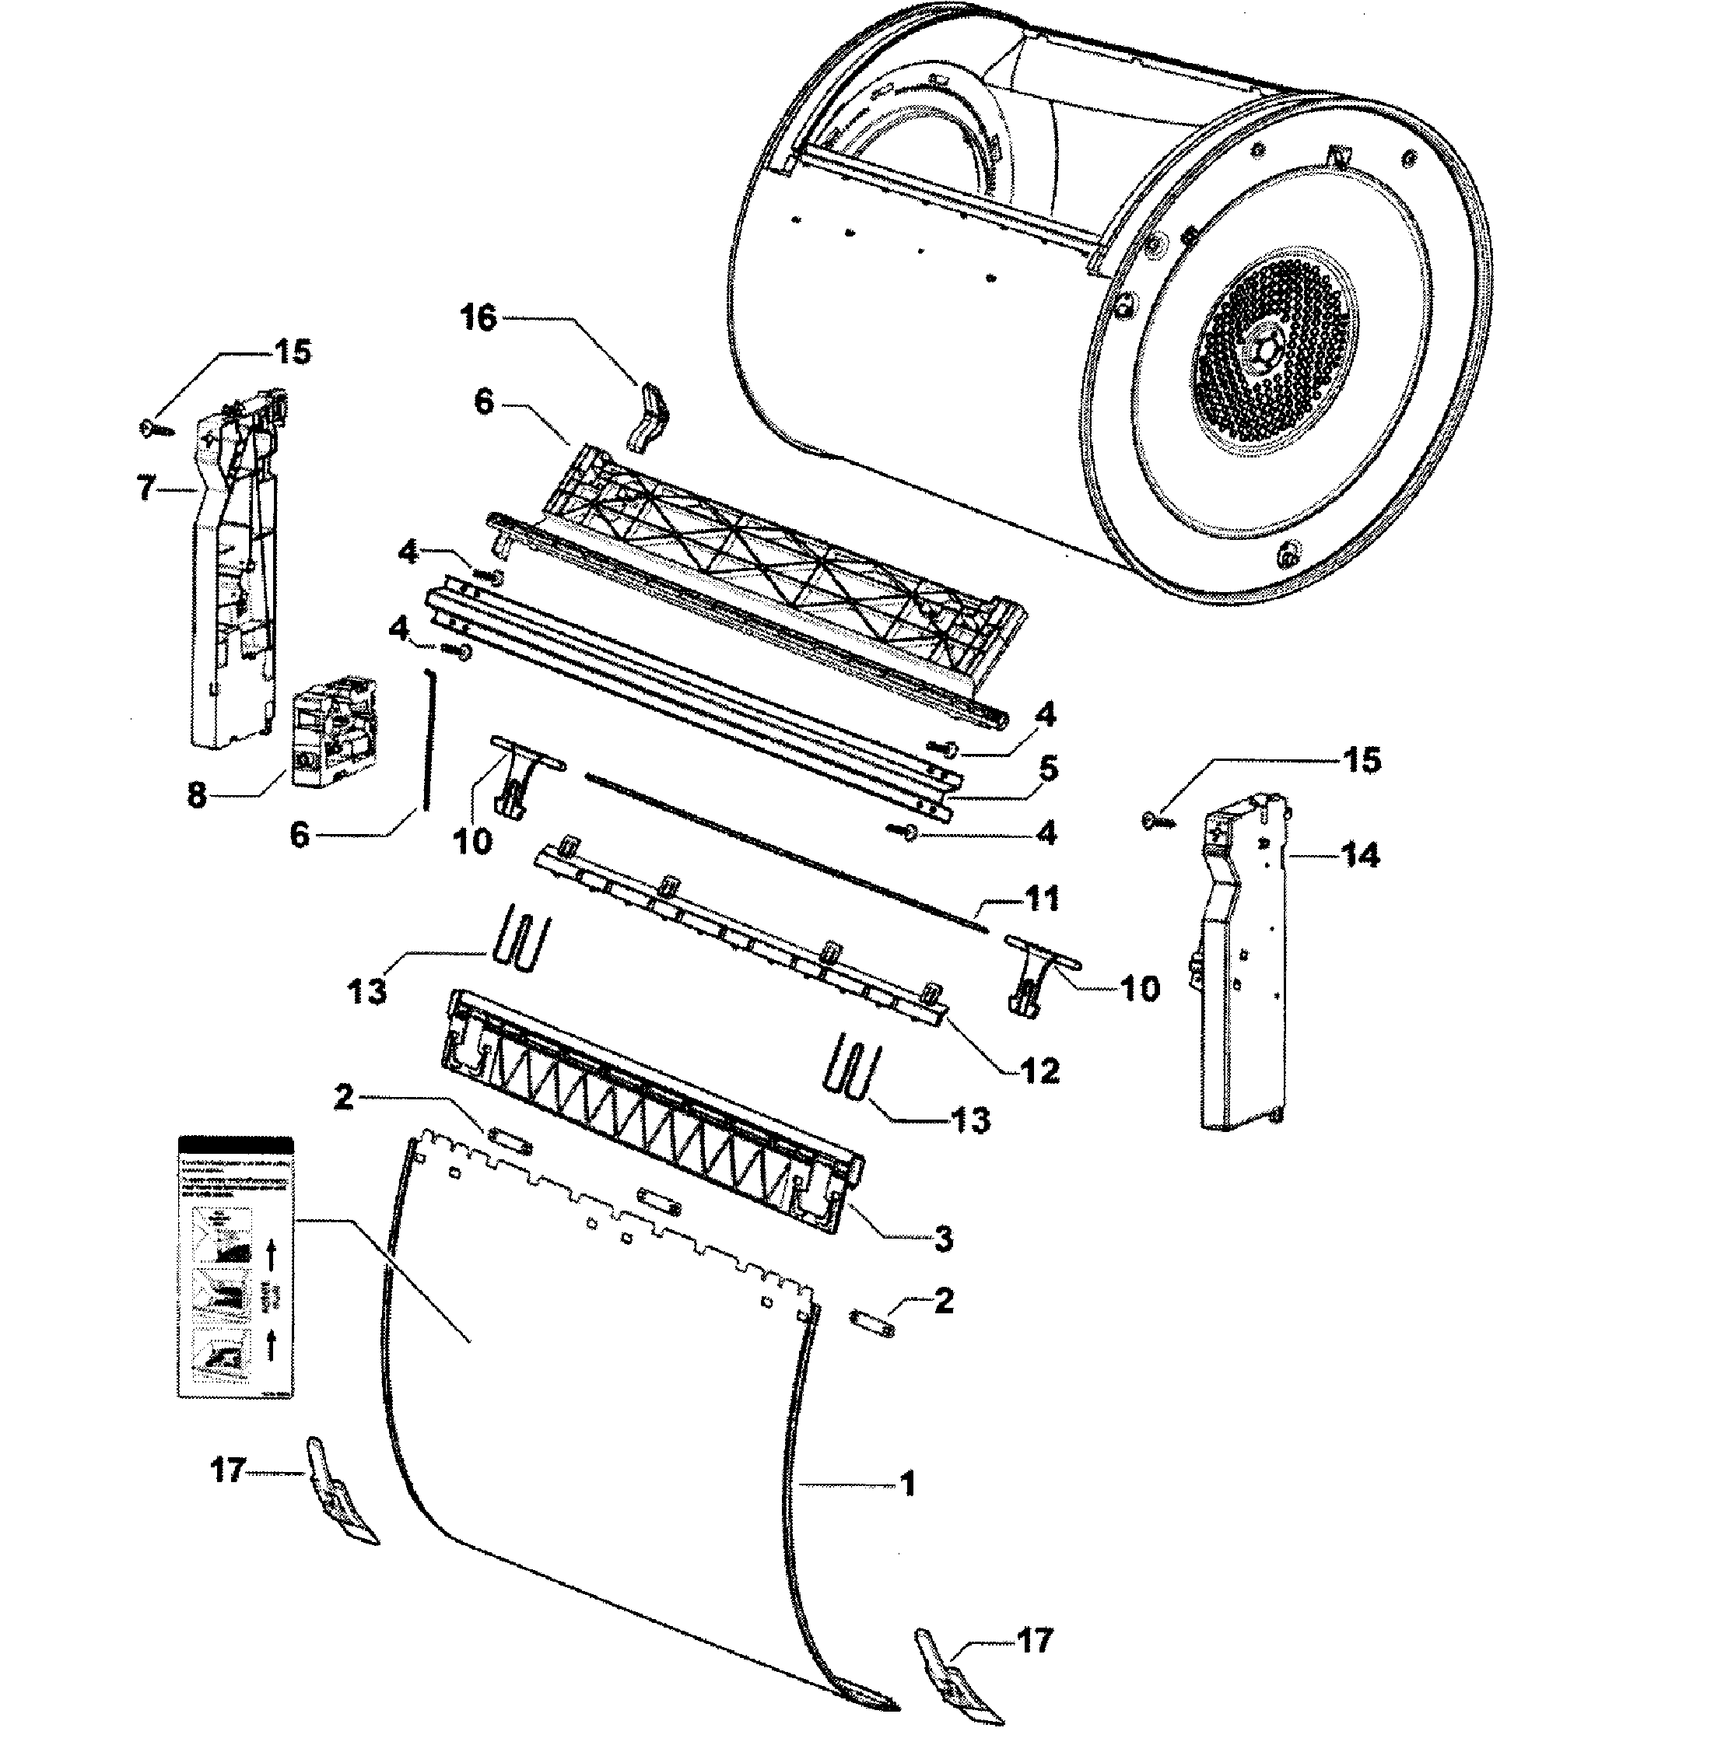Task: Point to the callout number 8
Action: pos(196,795)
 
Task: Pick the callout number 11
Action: pos(1043,899)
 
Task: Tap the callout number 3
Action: pos(942,1239)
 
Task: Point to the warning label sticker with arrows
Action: pos(236,1267)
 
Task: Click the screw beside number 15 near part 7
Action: pos(156,429)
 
